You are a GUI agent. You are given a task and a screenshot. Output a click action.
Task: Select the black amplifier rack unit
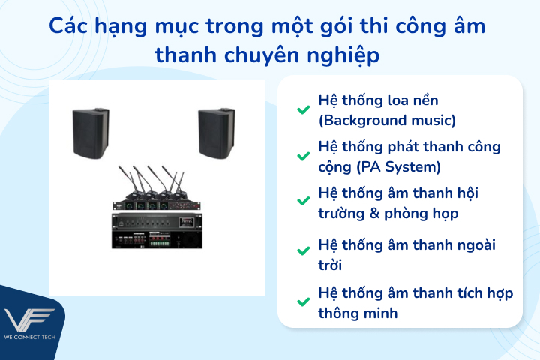click(157, 230)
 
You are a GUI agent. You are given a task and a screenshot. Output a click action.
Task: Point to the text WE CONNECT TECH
click(31, 335)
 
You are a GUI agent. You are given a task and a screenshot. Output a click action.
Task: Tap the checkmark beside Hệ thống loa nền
click(303, 110)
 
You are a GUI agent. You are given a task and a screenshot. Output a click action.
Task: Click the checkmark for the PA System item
click(303, 157)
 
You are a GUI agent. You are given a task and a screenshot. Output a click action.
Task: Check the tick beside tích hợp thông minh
click(303, 302)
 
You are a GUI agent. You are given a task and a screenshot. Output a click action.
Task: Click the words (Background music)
click(387, 120)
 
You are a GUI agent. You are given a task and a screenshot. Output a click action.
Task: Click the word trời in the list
click(332, 265)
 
